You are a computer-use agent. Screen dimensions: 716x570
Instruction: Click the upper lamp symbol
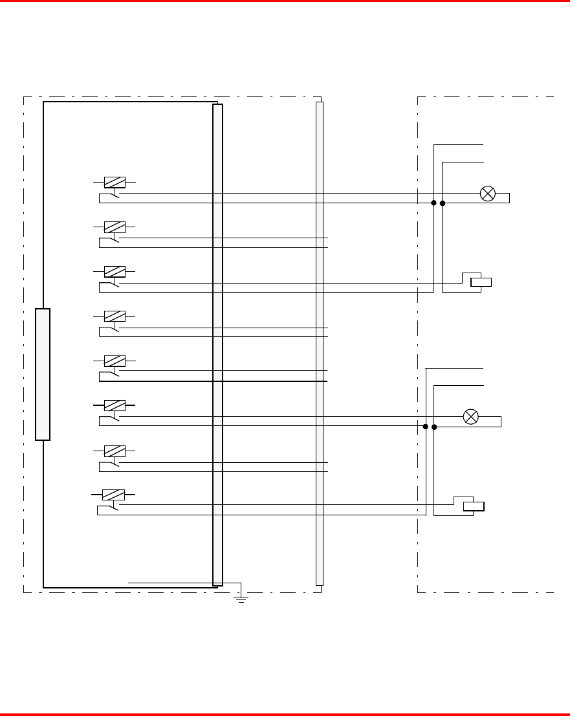(488, 193)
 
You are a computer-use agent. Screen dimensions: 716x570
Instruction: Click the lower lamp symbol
(472, 417)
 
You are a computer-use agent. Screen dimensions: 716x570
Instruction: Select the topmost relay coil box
(115, 183)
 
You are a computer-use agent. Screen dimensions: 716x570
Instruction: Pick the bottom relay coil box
(113, 495)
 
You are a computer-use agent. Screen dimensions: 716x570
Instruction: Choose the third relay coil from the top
(115, 272)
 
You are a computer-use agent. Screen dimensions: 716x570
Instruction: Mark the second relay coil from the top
(115, 227)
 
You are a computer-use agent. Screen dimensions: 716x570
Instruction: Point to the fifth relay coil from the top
(115, 361)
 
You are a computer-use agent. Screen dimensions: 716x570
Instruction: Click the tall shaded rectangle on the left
(43, 374)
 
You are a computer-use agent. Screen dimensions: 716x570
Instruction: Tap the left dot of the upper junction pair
(433, 203)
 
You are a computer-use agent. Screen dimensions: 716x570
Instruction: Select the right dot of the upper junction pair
(443, 203)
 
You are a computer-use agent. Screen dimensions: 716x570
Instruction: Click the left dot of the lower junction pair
(425, 427)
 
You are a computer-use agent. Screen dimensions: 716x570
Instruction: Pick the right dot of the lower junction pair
(434, 427)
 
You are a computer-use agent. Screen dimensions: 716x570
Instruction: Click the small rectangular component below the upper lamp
(481, 282)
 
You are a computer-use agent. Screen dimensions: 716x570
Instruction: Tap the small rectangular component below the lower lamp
(474, 506)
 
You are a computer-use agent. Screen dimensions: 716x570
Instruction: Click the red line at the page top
(285, 1)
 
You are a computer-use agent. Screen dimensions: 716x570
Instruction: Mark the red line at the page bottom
(285, 714)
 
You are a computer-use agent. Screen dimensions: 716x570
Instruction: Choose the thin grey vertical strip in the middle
(319, 343)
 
